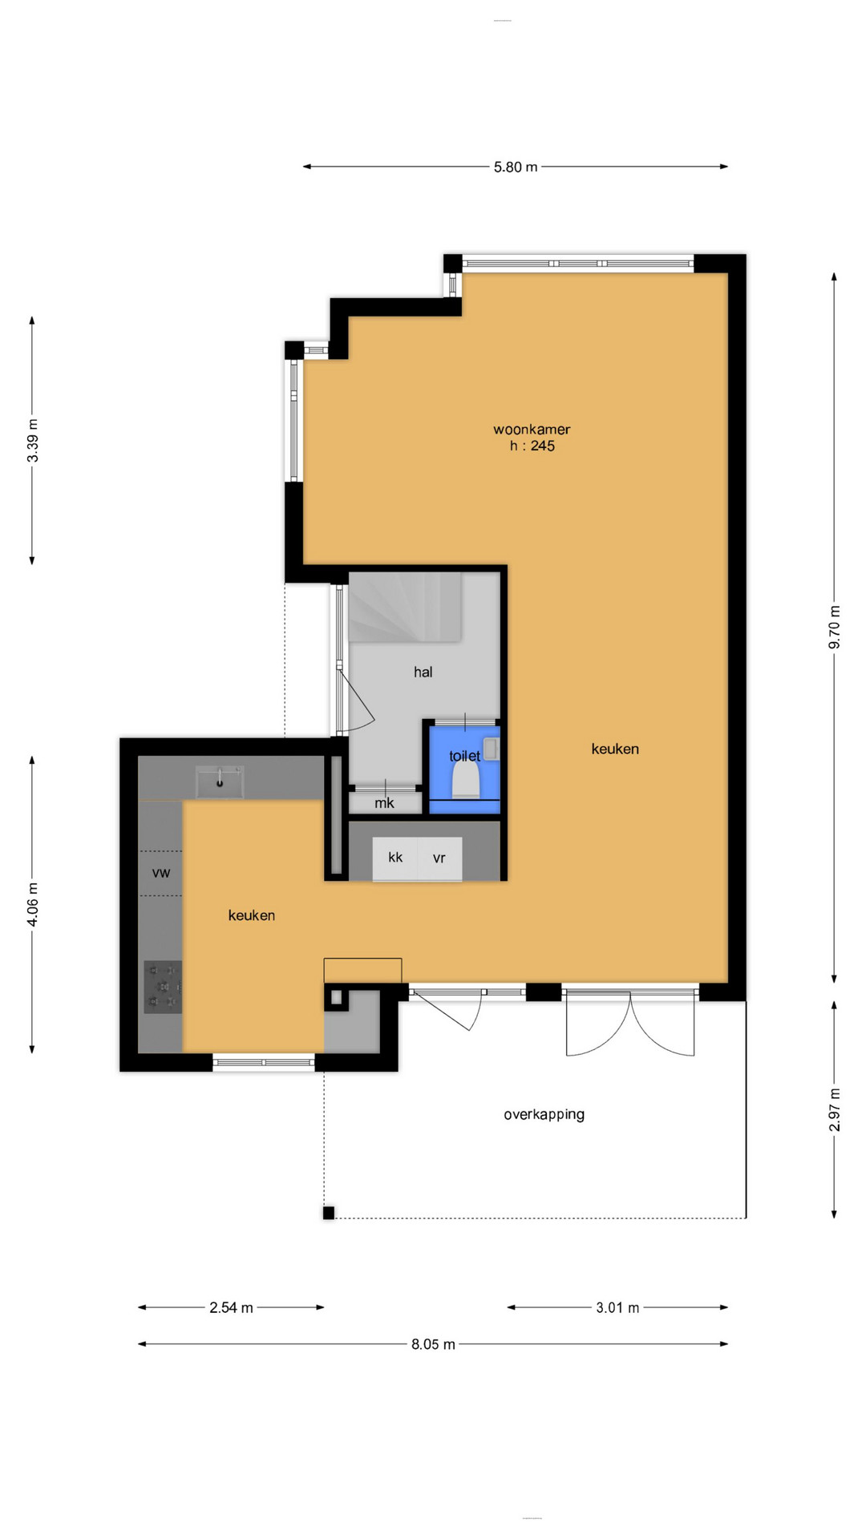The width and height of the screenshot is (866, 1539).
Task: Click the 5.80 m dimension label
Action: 515,167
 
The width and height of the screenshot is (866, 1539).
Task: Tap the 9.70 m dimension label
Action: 834,626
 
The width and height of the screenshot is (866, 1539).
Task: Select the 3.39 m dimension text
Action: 32,440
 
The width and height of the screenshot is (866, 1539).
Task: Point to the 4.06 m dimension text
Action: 32,903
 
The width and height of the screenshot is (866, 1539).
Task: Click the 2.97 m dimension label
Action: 834,1109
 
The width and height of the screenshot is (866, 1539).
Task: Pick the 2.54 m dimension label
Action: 231,1307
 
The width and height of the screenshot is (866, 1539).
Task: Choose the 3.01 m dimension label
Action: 617,1307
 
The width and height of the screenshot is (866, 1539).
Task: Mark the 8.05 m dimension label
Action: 433,1344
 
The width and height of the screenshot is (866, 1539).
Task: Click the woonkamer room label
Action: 532,430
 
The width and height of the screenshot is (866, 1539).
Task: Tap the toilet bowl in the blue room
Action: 466,780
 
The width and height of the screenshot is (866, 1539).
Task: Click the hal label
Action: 423,672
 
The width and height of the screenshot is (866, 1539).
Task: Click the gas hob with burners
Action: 164,987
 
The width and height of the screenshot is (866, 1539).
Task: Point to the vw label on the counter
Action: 161,873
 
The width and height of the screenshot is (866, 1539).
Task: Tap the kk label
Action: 395,857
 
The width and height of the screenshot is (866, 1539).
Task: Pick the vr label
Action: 439,858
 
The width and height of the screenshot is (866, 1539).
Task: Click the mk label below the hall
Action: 384,802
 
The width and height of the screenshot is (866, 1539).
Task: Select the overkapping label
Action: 544,1114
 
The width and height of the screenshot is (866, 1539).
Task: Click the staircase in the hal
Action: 405,607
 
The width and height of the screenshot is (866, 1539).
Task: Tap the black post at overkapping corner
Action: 329,1213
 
